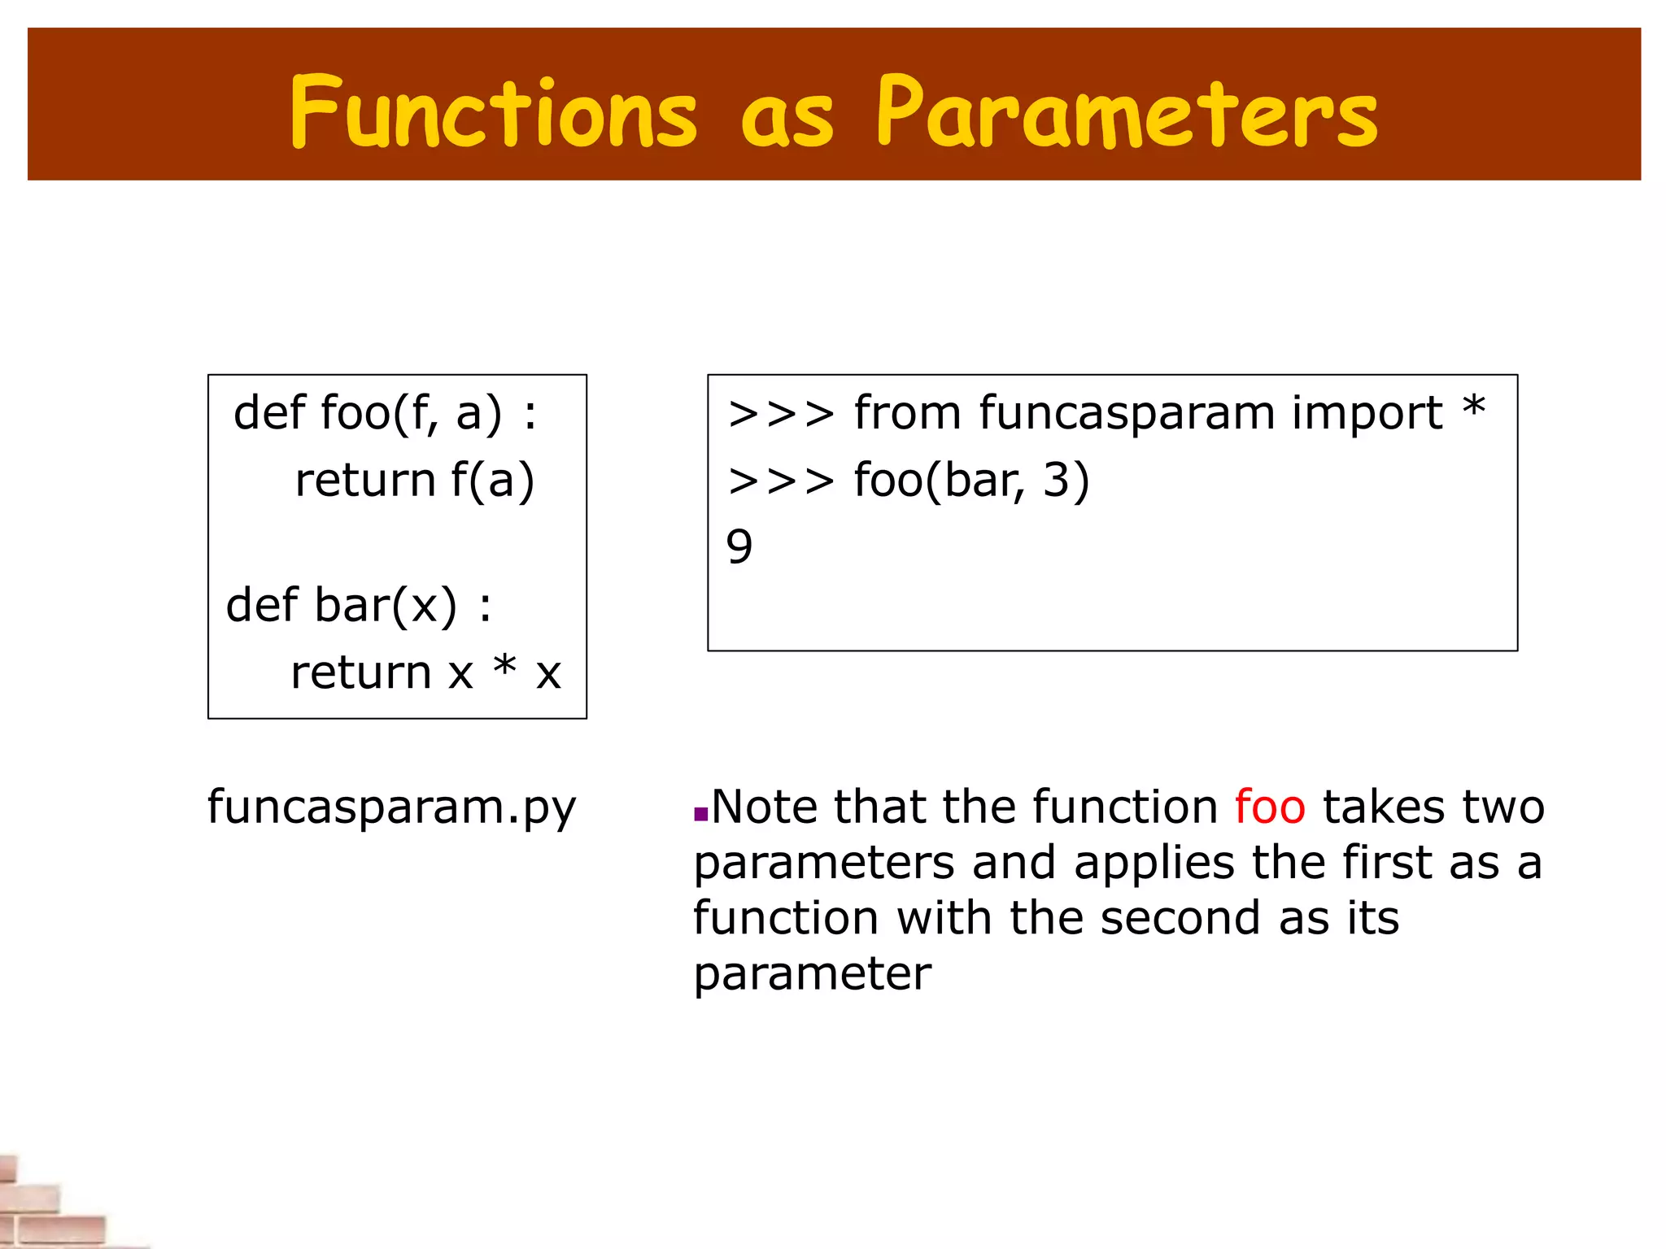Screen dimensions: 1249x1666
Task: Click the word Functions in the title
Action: [493, 112]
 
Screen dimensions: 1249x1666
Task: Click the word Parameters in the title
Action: [1127, 112]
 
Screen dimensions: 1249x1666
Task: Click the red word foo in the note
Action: [1269, 807]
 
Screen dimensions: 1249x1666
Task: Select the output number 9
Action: [739, 546]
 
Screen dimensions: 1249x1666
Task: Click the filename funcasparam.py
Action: [391, 807]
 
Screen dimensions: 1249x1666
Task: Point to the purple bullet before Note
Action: [700, 814]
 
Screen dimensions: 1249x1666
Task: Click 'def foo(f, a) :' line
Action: [386, 413]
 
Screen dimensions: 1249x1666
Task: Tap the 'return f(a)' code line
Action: [414, 480]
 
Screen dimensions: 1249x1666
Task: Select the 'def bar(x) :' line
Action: [359, 606]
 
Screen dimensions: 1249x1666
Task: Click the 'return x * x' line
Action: [425, 672]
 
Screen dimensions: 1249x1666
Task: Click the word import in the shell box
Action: [1367, 413]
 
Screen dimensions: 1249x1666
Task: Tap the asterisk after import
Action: [1473, 407]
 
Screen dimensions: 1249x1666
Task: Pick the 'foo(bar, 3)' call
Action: [971, 480]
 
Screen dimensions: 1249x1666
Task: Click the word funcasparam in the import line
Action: [1126, 413]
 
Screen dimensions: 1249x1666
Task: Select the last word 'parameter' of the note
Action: [812, 973]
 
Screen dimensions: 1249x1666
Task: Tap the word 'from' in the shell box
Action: [906, 413]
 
